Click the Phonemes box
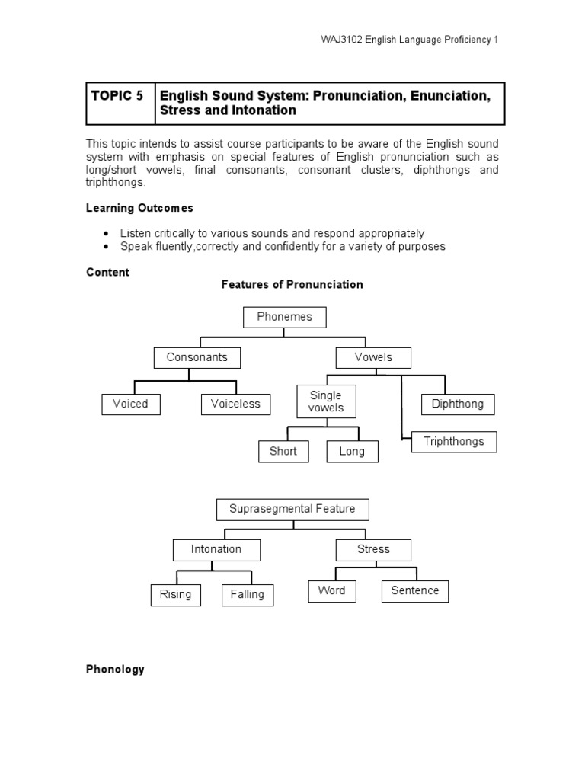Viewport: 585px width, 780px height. point(284,317)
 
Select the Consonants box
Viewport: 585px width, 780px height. point(197,357)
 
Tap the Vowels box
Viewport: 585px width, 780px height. point(373,357)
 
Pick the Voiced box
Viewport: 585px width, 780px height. point(131,404)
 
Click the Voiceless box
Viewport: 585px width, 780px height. point(235,404)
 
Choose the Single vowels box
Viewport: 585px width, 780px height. point(325,401)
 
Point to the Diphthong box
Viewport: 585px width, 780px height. point(458,404)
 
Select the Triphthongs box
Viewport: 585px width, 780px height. point(454,442)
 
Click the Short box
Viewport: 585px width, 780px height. point(283,451)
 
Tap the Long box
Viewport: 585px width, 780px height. point(352,451)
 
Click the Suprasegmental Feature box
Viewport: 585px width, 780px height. point(293,509)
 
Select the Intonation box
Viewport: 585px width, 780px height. point(216,549)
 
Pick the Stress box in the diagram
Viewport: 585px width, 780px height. point(373,549)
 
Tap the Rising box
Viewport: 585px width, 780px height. point(176,594)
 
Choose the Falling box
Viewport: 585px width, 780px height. point(247,594)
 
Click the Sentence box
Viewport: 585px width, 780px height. point(415,590)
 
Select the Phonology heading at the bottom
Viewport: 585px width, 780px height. point(115,669)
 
